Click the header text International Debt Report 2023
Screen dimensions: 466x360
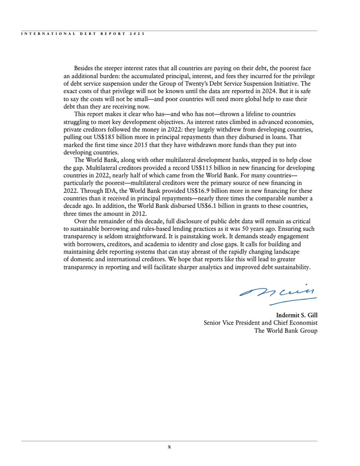tap(83, 33)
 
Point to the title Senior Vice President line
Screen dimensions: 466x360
tap(260, 322)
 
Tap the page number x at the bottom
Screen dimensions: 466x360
tap(169, 446)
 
